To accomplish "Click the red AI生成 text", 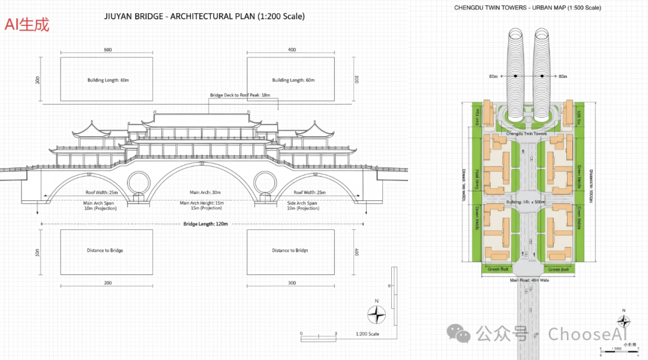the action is pyautogui.click(x=27, y=25).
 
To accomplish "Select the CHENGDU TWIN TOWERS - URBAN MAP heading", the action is pyautogui.click(x=527, y=8).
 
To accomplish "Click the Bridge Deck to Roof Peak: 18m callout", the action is pyautogui.click(x=240, y=95).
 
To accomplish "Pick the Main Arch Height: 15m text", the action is pyautogui.click(x=202, y=203).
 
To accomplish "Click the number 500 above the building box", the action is pyautogui.click(x=107, y=50).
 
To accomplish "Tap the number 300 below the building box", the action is pyautogui.click(x=292, y=282).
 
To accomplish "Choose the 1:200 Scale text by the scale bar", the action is pyautogui.click(x=367, y=334).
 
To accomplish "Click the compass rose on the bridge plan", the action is pyautogui.click(x=376, y=315).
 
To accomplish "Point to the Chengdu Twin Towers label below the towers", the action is pyautogui.click(x=526, y=133).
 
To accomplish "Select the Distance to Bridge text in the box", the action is pyautogui.click(x=105, y=250).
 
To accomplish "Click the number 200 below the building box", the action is pyautogui.click(x=107, y=282).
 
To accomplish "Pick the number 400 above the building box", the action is pyautogui.click(x=292, y=50).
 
